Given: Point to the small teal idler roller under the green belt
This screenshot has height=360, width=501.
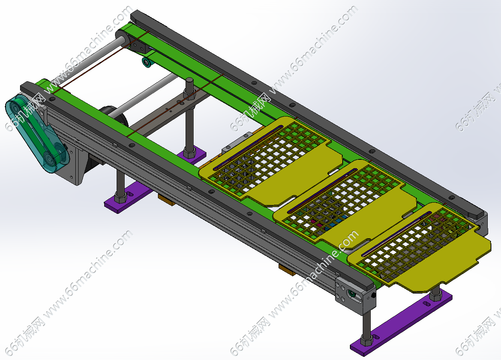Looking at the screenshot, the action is pyautogui.click(x=147, y=62).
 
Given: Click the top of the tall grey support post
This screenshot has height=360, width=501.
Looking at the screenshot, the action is pyautogui.click(x=190, y=80).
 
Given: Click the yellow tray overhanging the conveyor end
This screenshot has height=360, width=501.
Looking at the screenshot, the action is pyautogui.click(x=419, y=248).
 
